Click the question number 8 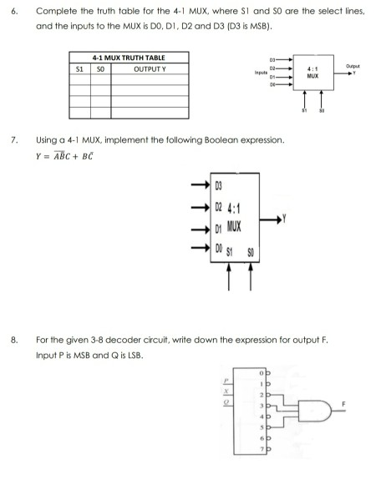pyautogui.click(x=13, y=341)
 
